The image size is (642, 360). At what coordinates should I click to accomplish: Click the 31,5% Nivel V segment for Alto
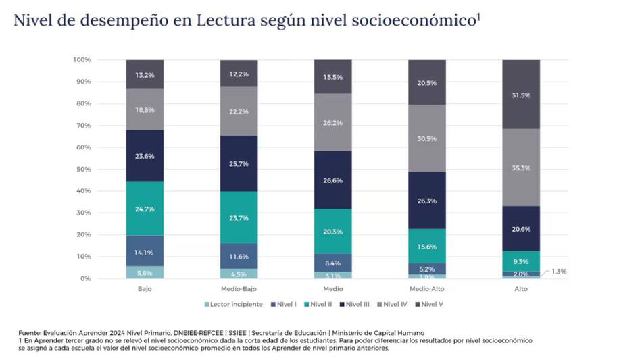click(x=520, y=95)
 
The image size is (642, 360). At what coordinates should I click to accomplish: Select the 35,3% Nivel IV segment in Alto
click(x=520, y=168)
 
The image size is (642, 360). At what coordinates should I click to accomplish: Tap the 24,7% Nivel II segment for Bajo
click(x=144, y=209)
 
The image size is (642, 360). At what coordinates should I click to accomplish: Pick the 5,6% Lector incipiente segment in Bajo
click(x=144, y=272)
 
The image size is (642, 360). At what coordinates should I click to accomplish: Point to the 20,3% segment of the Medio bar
click(x=332, y=232)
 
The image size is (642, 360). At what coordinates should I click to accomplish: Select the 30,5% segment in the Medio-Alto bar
click(x=426, y=138)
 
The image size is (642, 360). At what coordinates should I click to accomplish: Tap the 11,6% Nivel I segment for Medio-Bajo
click(x=239, y=257)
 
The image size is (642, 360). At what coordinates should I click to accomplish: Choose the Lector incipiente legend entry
click(x=234, y=304)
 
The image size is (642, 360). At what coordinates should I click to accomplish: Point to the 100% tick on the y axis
click(x=81, y=60)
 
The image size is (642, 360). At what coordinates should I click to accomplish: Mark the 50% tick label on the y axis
click(x=82, y=169)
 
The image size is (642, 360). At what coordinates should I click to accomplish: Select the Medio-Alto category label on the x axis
click(x=426, y=289)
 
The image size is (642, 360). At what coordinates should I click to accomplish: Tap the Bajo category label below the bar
click(x=144, y=289)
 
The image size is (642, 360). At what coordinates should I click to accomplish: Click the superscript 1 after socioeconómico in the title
click(x=478, y=17)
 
